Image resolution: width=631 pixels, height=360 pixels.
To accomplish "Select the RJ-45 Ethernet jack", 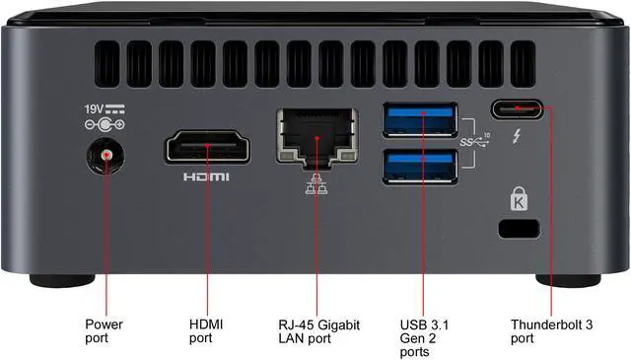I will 316,135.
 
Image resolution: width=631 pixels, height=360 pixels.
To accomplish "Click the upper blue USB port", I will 421,120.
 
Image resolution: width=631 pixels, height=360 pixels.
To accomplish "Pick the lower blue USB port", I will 421,163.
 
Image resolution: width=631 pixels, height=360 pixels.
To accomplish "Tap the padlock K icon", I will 520,201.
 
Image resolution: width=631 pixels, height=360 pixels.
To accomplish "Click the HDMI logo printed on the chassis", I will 206,178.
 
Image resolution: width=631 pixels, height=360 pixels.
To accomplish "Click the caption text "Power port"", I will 104,330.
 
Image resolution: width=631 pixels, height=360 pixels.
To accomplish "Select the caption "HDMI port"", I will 206,330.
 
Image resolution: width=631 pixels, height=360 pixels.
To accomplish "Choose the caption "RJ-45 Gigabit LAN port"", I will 316,330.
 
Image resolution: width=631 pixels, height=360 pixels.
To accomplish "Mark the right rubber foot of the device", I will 569,280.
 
